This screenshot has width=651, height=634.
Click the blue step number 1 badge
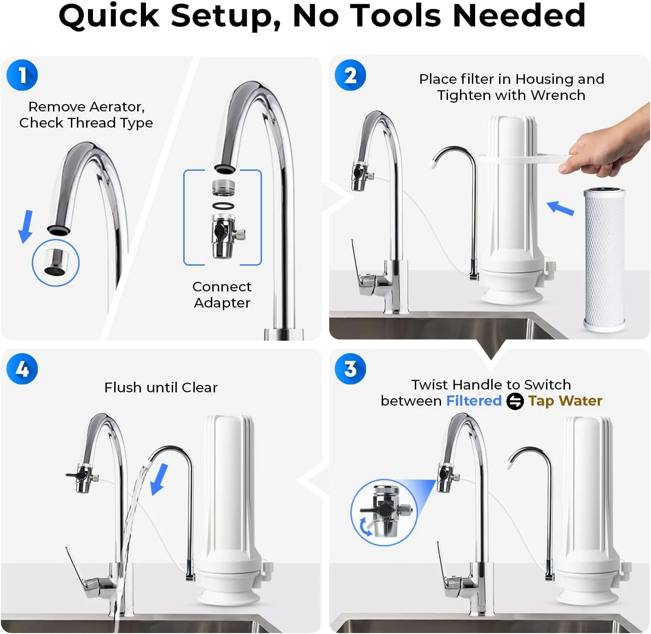click(22, 75)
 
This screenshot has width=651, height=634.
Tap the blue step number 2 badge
click(350, 75)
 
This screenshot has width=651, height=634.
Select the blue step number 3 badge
click(350, 369)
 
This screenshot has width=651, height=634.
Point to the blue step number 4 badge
click(22, 369)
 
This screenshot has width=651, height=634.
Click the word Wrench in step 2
click(558, 95)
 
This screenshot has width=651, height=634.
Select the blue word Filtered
click(474, 401)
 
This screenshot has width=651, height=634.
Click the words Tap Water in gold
click(565, 401)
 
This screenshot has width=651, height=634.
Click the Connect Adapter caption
click(222, 294)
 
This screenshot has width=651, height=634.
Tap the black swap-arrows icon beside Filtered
click(515, 401)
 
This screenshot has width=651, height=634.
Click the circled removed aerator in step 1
click(56, 262)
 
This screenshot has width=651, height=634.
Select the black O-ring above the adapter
click(223, 205)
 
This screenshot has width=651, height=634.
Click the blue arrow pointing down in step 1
click(26, 227)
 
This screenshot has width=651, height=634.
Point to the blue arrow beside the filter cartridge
click(560, 208)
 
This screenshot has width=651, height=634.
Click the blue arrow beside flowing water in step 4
click(159, 479)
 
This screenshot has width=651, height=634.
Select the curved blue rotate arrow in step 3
click(365, 527)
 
